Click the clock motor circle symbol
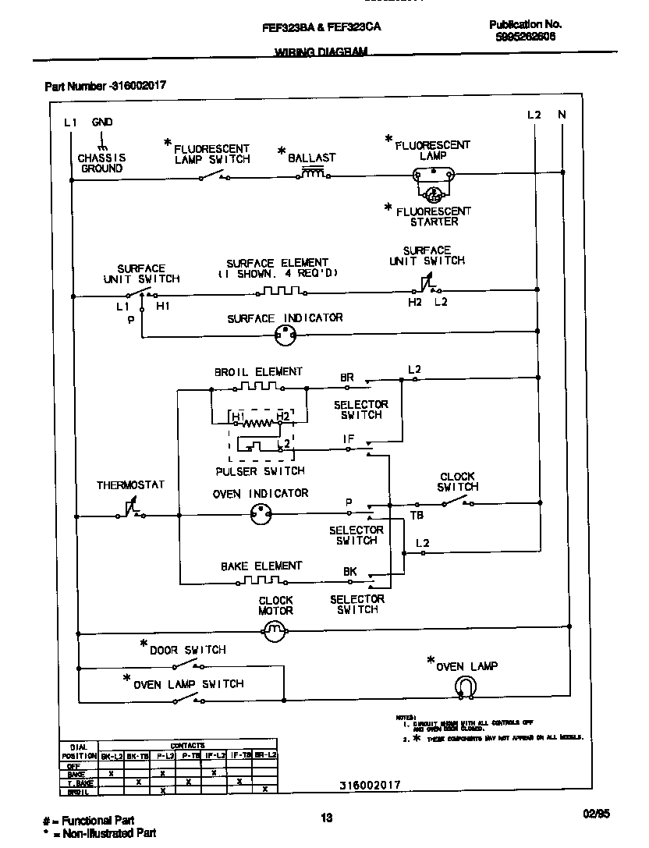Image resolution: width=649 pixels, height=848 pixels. pyautogui.click(x=273, y=632)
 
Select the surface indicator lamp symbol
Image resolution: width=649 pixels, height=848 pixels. pyautogui.click(x=286, y=336)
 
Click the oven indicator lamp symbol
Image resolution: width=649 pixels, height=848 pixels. pyautogui.click(x=260, y=514)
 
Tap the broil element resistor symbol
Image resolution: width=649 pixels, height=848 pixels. pyautogui.click(x=260, y=386)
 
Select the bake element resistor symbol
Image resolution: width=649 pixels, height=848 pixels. pyautogui.click(x=260, y=581)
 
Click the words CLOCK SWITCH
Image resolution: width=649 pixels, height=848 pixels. pyautogui.click(x=458, y=482)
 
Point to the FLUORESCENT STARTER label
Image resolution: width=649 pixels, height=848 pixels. pyautogui.click(x=434, y=216)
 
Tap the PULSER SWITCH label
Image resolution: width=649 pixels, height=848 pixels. pyautogui.click(x=260, y=471)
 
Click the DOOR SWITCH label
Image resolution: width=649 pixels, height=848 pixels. pyautogui.click(x=187, y=650)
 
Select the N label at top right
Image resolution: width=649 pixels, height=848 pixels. pyautogui.click(x=562, y=115)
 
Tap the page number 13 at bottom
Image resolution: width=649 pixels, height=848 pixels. pyautogui.click(x=326, y=818)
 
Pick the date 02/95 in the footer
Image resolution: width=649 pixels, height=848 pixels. pyautogui.click(x=596, y=814)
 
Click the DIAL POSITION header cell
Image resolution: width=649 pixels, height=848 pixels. pyautogui.click(x=79, y=751)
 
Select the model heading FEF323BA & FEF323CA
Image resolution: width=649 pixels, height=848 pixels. pyautogui.click(x=321, y=27)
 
